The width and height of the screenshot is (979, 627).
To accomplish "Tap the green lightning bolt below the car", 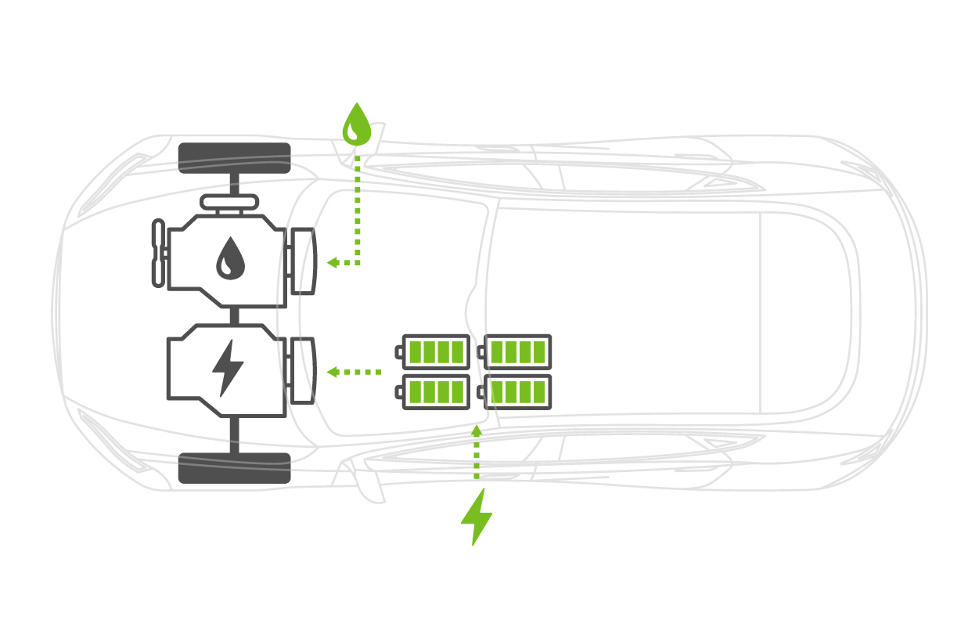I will (x=476, y=517).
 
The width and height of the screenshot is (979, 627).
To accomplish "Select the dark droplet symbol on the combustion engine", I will (x=230, y=259).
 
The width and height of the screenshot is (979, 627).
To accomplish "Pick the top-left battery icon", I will (x=435, y=351).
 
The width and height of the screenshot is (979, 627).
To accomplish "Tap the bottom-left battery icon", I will (x=435, y=391).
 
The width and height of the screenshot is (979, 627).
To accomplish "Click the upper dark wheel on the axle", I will (x=235, y=158).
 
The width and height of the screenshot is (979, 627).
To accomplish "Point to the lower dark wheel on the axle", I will (x=235, y=468).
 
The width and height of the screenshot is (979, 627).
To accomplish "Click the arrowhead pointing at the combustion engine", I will (x=332, y=263).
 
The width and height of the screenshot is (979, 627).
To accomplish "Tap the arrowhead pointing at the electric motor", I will (x=332, y=372).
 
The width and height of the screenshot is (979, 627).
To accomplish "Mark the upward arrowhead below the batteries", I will (x=476, y=429).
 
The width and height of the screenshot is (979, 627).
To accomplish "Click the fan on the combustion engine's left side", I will (x=159, y=253).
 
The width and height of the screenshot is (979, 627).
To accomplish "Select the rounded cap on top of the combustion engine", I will (x=229, y=202).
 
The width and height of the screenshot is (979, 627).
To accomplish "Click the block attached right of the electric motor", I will (x=302, y=371).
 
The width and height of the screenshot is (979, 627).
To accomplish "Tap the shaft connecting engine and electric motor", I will (x=234, y=315).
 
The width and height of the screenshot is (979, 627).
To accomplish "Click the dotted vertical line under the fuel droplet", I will (x=358, y=204).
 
